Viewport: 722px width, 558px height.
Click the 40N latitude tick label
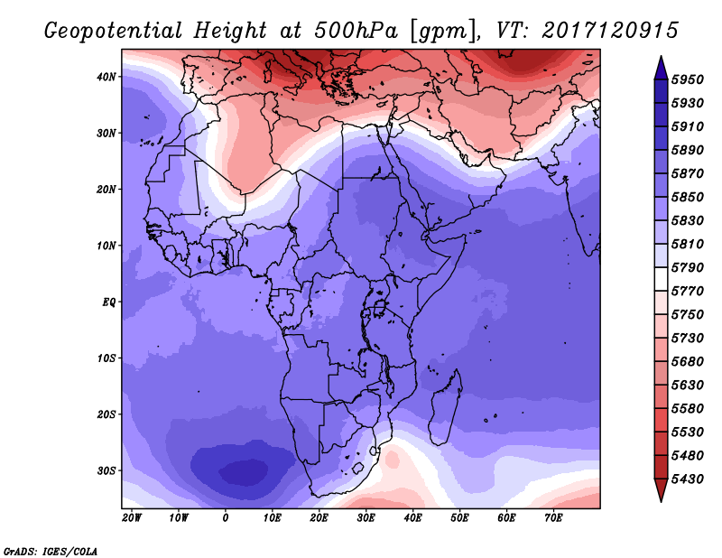106,77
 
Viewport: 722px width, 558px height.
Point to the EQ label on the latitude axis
108,302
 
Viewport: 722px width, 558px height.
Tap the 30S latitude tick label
106,470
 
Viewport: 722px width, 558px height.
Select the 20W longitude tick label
132,517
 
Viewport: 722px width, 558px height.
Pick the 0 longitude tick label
226,517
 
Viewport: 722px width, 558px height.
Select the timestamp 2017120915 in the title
611,30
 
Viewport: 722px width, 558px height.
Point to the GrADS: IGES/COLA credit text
51,550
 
